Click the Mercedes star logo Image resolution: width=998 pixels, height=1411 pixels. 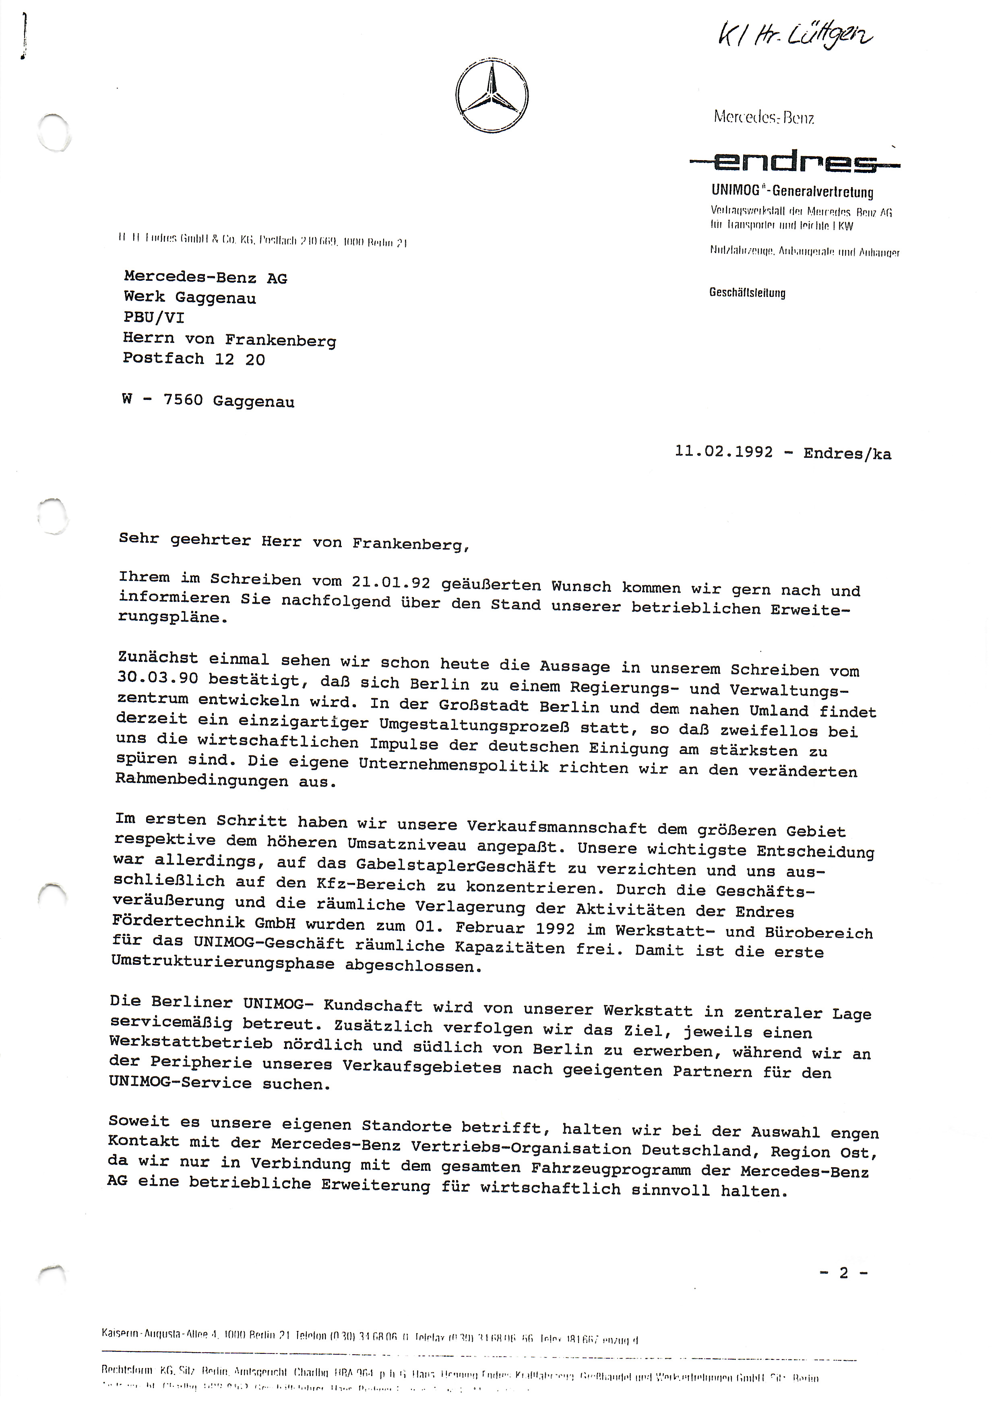point(492,96)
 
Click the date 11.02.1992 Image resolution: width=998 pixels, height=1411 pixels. point(724,452)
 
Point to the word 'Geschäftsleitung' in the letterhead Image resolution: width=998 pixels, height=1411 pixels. point(747,293)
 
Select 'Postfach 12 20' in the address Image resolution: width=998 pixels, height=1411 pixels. point(194,359)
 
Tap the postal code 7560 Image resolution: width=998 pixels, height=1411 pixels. point(183,400)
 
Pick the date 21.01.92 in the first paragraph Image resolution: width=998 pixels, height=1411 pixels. point(391,582)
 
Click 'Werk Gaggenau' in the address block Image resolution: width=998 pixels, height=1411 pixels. point(189,297)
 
